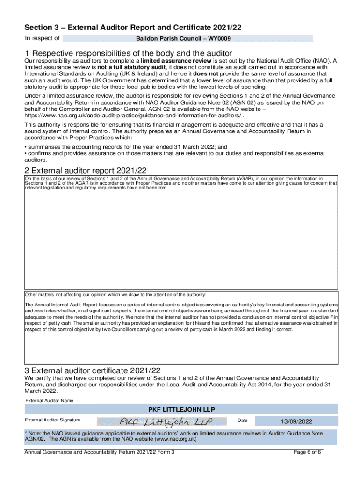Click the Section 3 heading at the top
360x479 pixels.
(x=136, y=28)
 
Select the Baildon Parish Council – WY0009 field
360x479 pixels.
(x=187, y=38)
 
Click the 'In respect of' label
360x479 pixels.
(x=42, y=38)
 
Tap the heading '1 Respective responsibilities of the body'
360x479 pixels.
(x=129, y=53)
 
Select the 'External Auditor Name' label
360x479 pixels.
(x=49, y=401)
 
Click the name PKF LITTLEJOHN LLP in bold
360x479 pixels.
(x=182, y=410)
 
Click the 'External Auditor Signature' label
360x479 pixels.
(x=52, y=420)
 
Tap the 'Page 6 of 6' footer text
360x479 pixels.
(x=307, y=452)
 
